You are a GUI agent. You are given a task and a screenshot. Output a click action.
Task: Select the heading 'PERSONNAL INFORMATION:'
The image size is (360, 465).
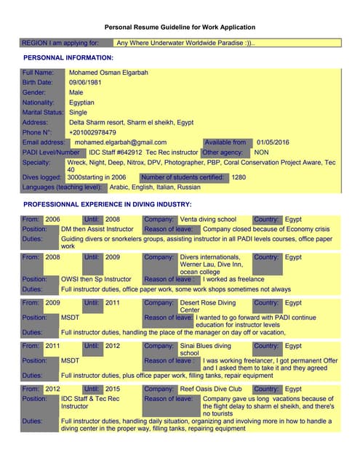point(68,57)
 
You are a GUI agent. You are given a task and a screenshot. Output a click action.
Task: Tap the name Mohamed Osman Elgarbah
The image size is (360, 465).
point(108,73)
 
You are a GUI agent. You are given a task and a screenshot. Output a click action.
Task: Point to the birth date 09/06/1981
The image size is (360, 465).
point(87,83)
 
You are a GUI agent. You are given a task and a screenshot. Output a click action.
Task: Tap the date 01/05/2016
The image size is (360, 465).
point(273,142)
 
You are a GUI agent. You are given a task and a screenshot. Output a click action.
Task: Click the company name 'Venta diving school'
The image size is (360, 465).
point(208,219)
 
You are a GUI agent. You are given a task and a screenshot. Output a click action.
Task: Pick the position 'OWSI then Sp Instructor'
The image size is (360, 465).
point(96,279)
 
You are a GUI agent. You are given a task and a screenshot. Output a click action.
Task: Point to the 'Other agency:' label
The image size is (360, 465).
point(222,153)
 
